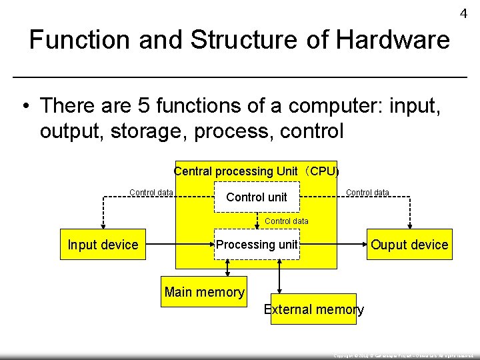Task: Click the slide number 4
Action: [463, 14]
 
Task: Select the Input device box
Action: [103, 245]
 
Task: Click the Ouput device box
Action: [409, 245]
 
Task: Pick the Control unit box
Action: [257, 197]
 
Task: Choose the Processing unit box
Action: [257, 245]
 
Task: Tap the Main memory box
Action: [204, 292]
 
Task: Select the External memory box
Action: [313, 309]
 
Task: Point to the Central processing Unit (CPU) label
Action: [257, 171]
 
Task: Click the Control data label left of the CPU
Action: [151, 193]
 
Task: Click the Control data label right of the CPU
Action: [367, 193]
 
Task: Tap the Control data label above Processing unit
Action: [287, 221]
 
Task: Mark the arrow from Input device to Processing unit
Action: [180, 245]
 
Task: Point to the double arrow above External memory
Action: [279, 275]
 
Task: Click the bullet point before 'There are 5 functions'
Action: [25, 106]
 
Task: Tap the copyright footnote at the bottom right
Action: [403, 356]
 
